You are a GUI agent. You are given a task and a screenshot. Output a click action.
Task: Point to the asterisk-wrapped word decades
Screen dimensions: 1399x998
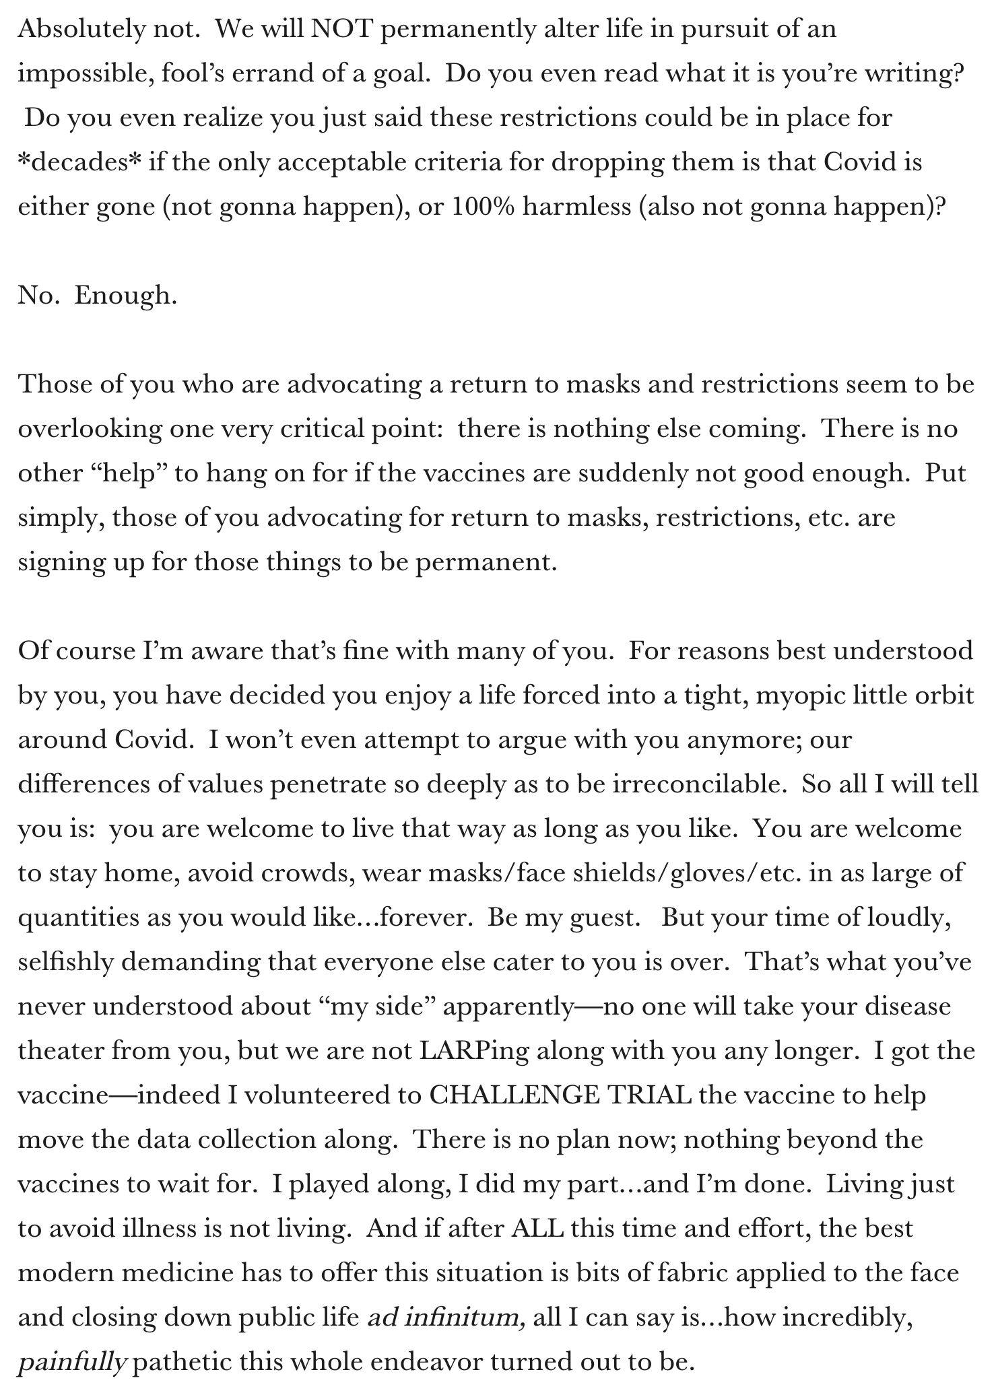point(80,162)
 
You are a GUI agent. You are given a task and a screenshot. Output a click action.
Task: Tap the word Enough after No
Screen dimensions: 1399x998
point(125,296)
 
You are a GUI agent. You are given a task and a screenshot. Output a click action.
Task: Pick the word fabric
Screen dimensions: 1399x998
point(698,1273)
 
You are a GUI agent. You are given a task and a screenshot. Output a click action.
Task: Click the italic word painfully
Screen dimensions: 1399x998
point(72,1362)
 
